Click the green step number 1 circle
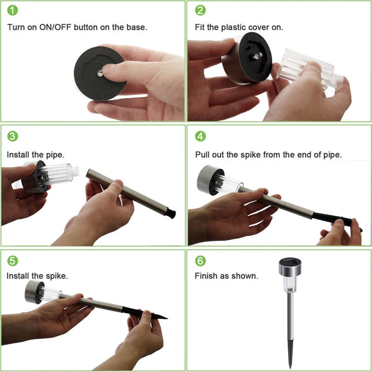pyautogui.click(x=13, y=10)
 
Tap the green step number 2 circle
pyautogui.click(x=200, y=10)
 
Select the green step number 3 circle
pyautogui.click(x=13, y=136)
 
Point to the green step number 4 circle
pyautogui.click(x=200, y=136)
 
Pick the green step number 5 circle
pyautogui.click(x=13, y=261)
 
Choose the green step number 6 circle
pyautogui.click(x=200, y=261)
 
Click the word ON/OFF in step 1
pyautogui.click(x=55, y=27)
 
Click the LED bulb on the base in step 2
pyautogui.click(x=257, y=56)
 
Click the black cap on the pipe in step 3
pyautogui.click(x=170, y=213)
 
